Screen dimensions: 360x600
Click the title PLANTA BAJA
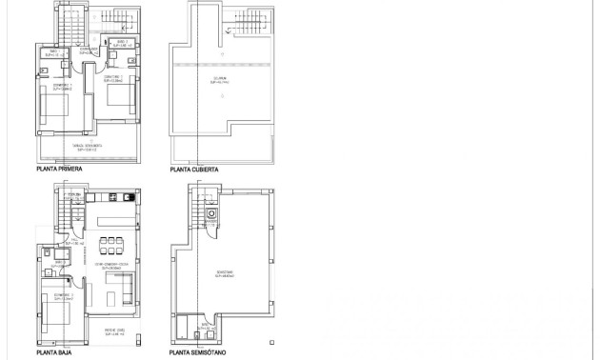pos(53,352)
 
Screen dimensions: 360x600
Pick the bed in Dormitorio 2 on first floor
pos(113,96)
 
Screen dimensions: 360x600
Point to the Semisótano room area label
pos(225,273)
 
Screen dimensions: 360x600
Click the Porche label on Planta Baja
pos(113,332)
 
